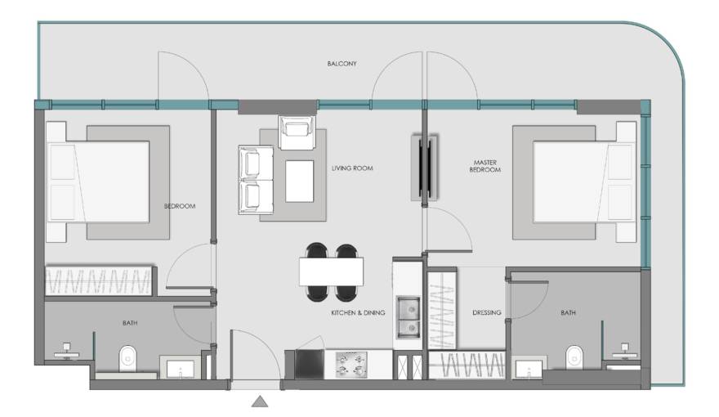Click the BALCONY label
coord(342,64)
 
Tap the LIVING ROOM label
coord(352,168)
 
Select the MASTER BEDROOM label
coord(485,166)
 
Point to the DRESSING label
coord(486,313)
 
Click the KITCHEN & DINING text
coord(358,313)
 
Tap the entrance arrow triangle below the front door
coord(260,401)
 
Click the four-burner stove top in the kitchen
coord(352,364)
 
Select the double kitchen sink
coord(408,317)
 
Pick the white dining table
coord(331,272)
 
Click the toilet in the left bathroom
coord(128,358)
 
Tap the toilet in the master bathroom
coord(574,357)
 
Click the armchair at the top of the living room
coord(297,132)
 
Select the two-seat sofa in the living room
coord(256,180)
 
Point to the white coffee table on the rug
coord(299,182)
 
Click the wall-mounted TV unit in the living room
coord(425,168)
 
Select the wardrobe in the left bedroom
coord(99,280)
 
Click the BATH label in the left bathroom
coord(130,324)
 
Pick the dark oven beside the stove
coord(309,364)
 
